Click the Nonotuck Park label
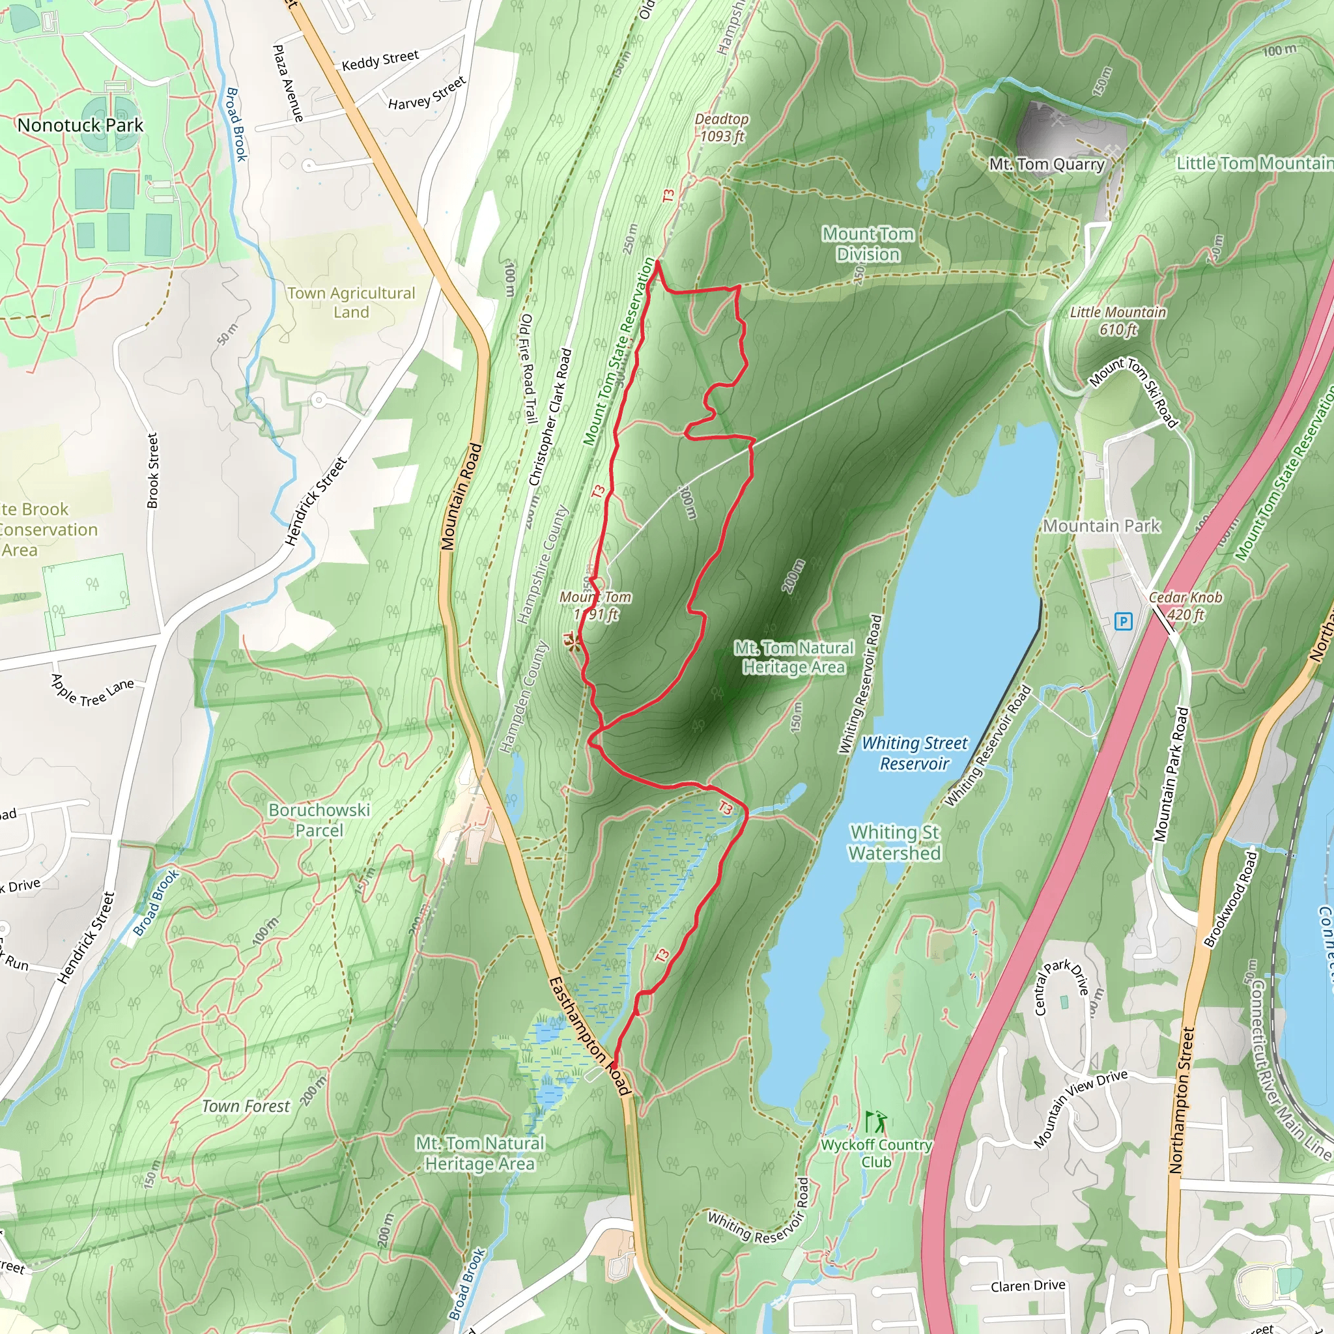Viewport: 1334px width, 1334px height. [x=80, y=125]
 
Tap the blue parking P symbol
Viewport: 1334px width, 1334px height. [x=1124, y=621]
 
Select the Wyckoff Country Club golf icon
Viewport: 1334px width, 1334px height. [x=875, y=1120]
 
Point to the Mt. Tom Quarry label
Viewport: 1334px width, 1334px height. [x=1047, y=164]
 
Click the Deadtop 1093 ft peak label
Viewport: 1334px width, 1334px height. [x=722, y=128]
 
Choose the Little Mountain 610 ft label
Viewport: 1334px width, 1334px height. [x=1117, y=321]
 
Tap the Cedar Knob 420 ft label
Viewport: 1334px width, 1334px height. [x=1185, y=606]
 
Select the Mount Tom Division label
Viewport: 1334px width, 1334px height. [x=868, y=244]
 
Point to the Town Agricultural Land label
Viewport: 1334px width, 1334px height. [x=352, y=302]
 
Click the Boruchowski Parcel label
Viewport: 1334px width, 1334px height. [x=319, y=819]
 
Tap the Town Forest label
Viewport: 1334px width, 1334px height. [x=245, y=1106]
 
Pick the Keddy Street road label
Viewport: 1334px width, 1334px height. [x=380, y=60]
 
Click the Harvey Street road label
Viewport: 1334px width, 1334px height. [x=427, y=93]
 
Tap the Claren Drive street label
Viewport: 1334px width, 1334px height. [x=1027, y=1286]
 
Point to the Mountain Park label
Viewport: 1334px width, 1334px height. [x=1101, y=526]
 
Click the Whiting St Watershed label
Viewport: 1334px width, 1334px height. [x=895, y=842]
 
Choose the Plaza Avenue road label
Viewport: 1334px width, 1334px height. [x=288, y=83]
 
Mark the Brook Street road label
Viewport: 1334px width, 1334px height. [x=152, y=471]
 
